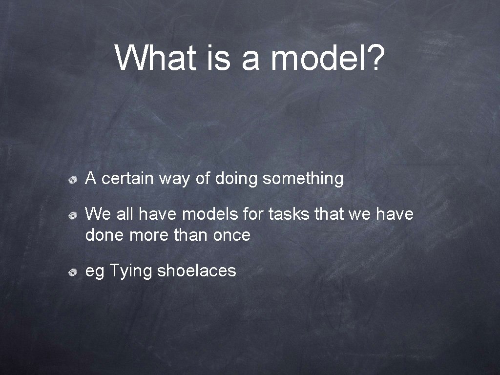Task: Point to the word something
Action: tap(303, 179)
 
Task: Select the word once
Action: tap(232, 236)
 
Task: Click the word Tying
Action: tap(130, 271)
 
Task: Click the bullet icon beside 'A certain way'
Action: tap(72, 181)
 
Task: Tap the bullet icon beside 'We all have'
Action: tap(72, 215)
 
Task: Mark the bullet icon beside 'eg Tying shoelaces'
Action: tap(72, 272)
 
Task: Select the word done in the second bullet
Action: tap(105, 236)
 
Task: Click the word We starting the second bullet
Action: tap(96, 214)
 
